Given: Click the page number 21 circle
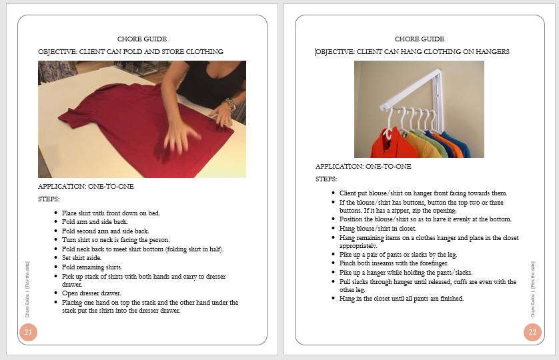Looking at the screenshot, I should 28,331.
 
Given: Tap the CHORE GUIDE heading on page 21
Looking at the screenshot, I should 141,39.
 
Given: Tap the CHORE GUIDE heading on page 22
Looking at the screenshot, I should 419,39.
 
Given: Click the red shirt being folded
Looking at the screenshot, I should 133,127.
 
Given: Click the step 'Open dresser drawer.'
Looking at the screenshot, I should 92,293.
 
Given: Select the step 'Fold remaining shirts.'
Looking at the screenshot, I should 93,267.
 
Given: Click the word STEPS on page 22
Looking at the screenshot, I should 326,179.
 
